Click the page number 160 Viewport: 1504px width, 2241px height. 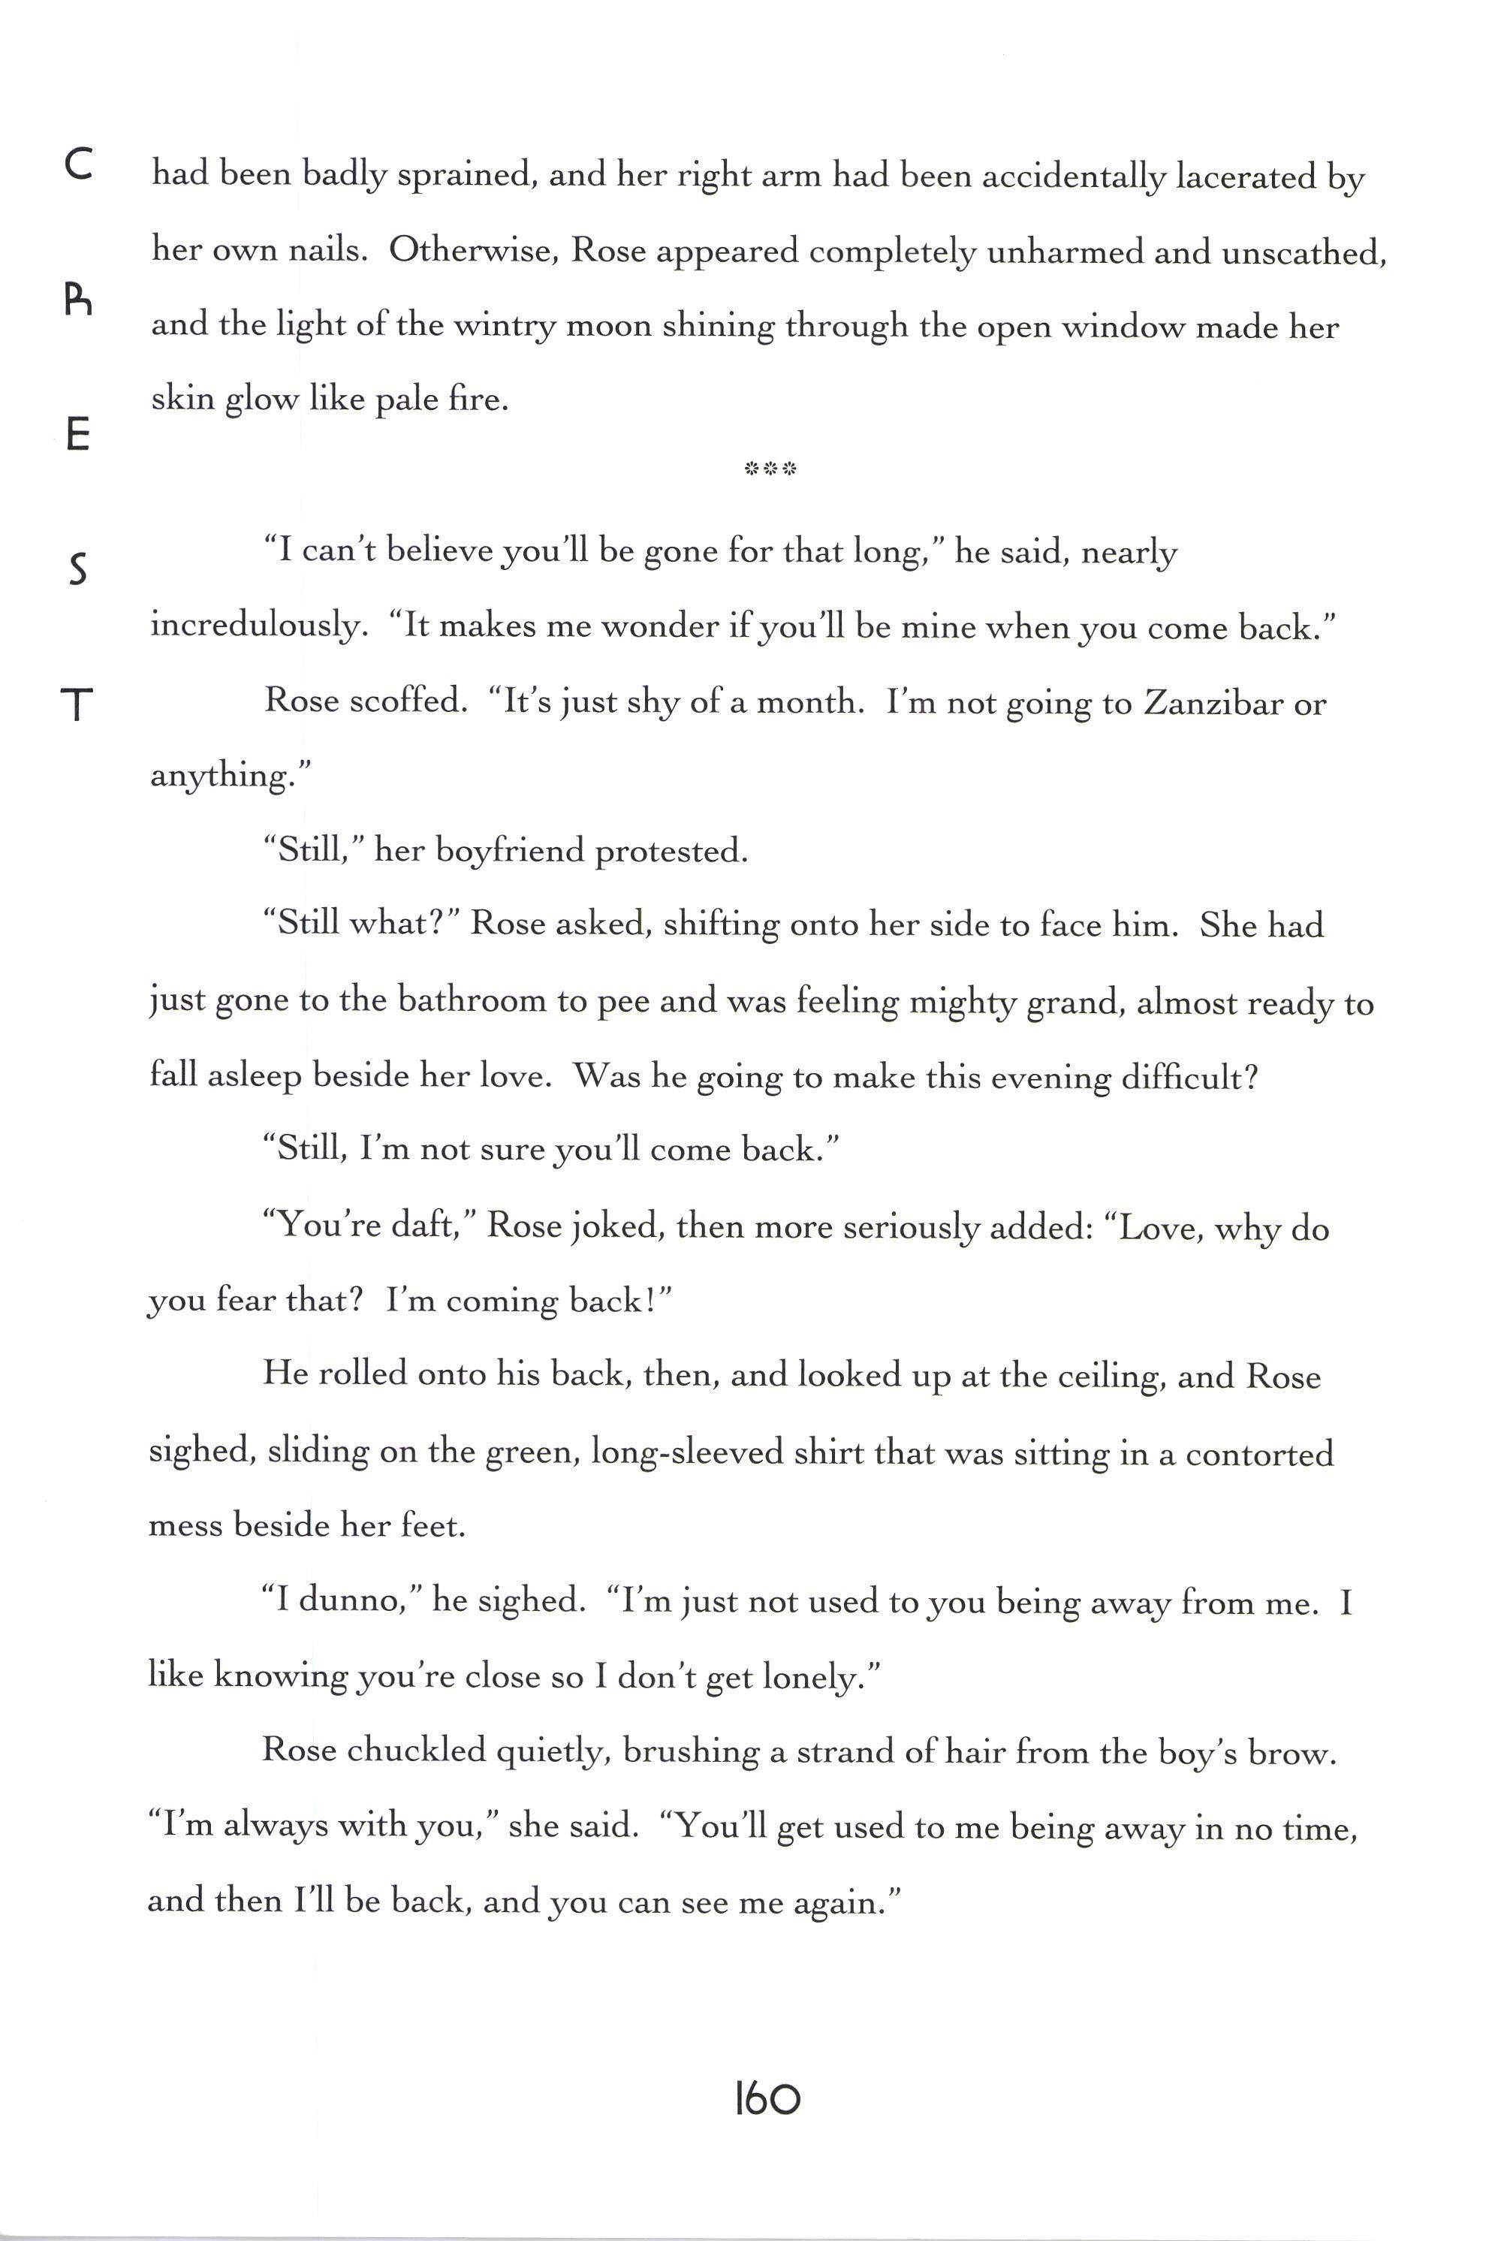(767, 2100)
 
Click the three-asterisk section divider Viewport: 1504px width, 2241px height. (770, 469)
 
